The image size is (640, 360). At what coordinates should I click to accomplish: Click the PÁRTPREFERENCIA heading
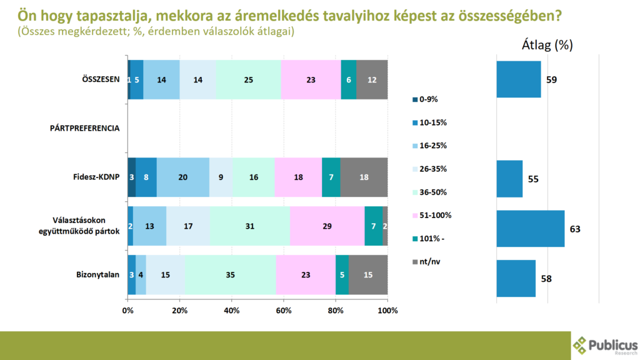click(x=84, y=128)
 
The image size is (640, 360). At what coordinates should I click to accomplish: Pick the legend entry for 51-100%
click(x=431, y=215)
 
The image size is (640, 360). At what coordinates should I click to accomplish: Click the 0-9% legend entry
click(x=426, y=99)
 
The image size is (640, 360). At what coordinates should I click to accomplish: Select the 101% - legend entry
click(x=427, y=238)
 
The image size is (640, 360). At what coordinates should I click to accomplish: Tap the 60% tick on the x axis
click(x=284, y=310)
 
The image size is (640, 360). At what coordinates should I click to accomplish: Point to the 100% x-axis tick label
click(x=387, y=310)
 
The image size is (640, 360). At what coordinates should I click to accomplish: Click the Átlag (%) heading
click(x=547, y=45)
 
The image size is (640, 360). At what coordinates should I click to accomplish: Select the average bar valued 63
click(x=531, y=229)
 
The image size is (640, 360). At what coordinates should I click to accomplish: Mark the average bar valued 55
click(x=509, y=179)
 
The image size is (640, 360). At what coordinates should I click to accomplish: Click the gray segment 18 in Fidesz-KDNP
click(x=364, y=177)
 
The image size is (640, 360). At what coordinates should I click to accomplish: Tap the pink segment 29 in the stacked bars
click(x=327, y=226)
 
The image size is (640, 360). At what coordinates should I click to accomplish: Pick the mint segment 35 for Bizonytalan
click(x=230, y=274)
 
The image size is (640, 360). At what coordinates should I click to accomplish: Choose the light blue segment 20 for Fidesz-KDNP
click(x=182, y=177)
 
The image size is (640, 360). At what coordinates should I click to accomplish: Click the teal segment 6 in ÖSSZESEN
click(x=348, y=79)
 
